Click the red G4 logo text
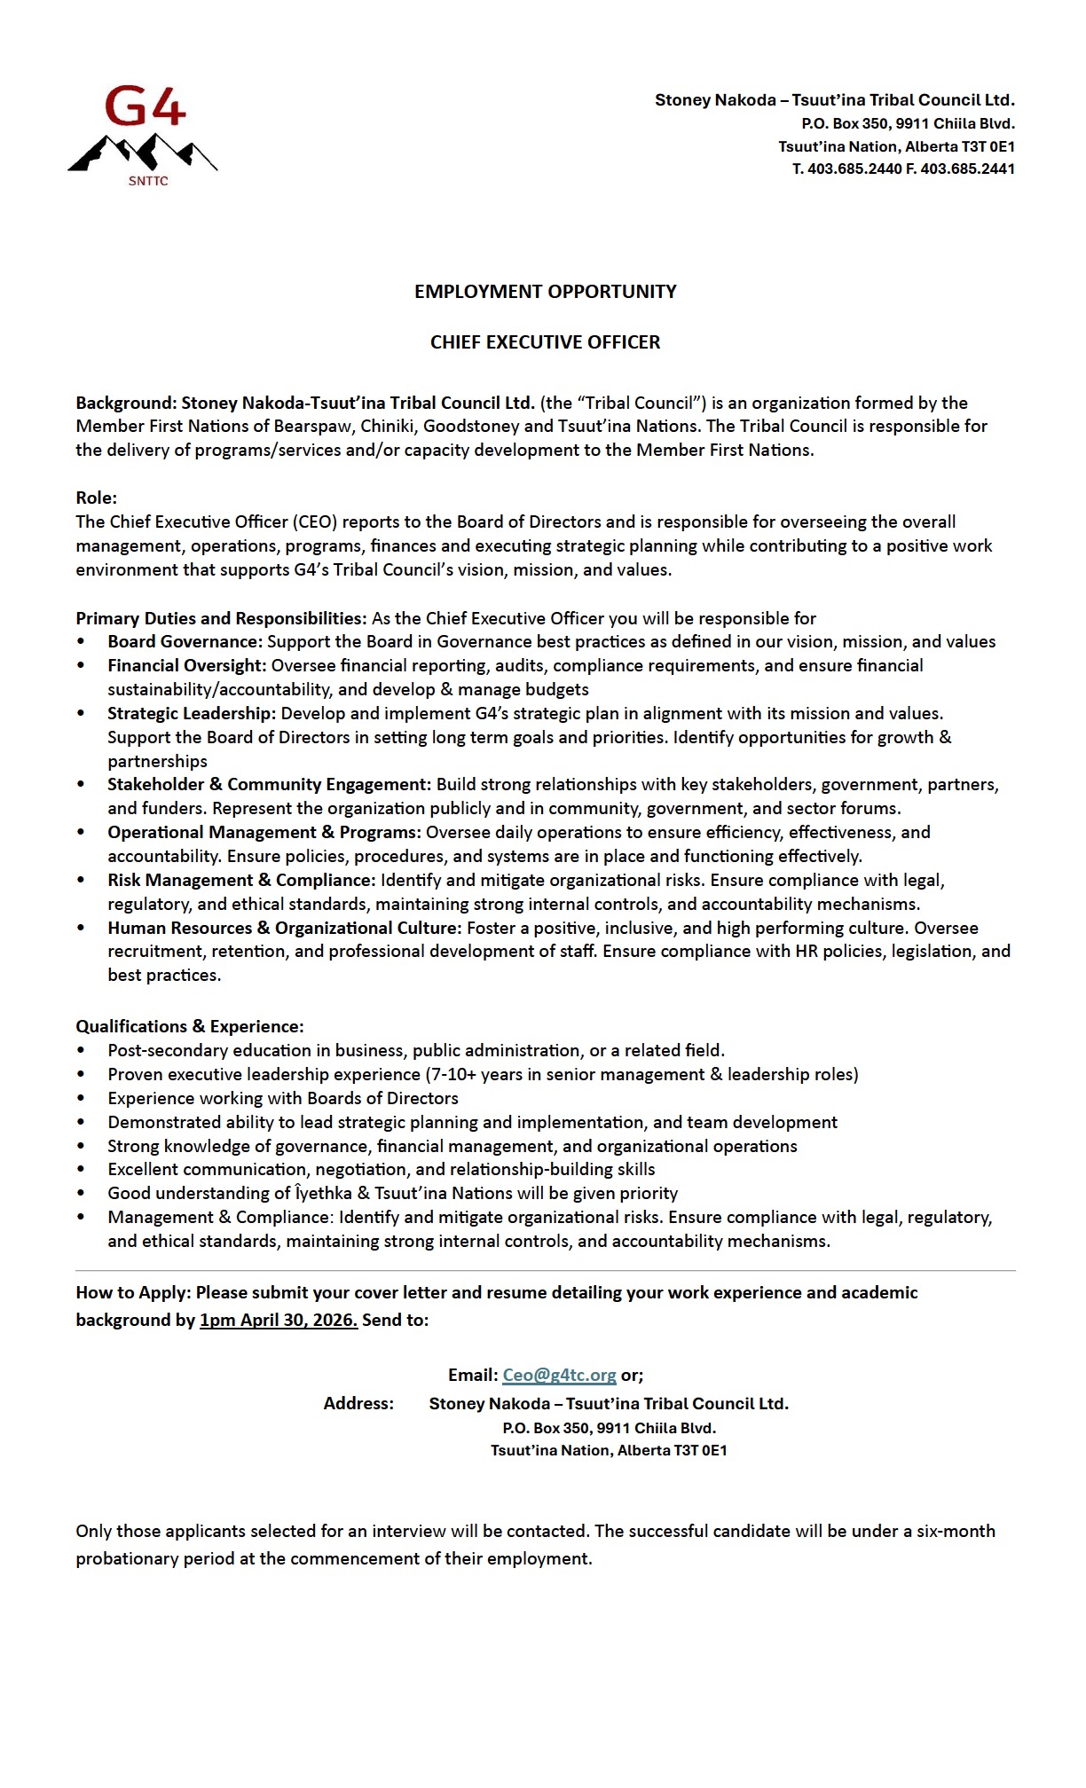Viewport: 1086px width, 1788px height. tap(145, 107)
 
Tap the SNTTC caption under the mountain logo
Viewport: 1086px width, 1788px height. tap(148, 181)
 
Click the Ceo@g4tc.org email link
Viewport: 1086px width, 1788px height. tap(559, 1375)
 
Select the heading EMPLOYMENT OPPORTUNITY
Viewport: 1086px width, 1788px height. tap(545, 292)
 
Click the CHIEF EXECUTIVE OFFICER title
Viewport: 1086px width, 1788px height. tap(545, 342)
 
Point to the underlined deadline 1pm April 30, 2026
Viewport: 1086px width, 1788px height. tap(279, 1320)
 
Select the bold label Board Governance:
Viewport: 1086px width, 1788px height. tap(185, 641)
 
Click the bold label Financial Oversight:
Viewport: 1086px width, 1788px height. tap(186, 665)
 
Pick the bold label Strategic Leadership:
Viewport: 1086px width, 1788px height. tap(192, 713)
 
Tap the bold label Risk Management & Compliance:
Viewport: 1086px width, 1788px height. tap(241, 880)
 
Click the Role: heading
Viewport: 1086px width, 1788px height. tap(96, 498)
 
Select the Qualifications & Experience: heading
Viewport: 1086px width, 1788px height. tap(189, 1026)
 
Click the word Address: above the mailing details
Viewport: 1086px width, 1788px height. tap(358, 1403)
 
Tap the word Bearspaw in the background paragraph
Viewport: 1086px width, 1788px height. tap(312, 426)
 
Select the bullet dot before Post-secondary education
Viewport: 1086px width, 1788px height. tap(82, 1050)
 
